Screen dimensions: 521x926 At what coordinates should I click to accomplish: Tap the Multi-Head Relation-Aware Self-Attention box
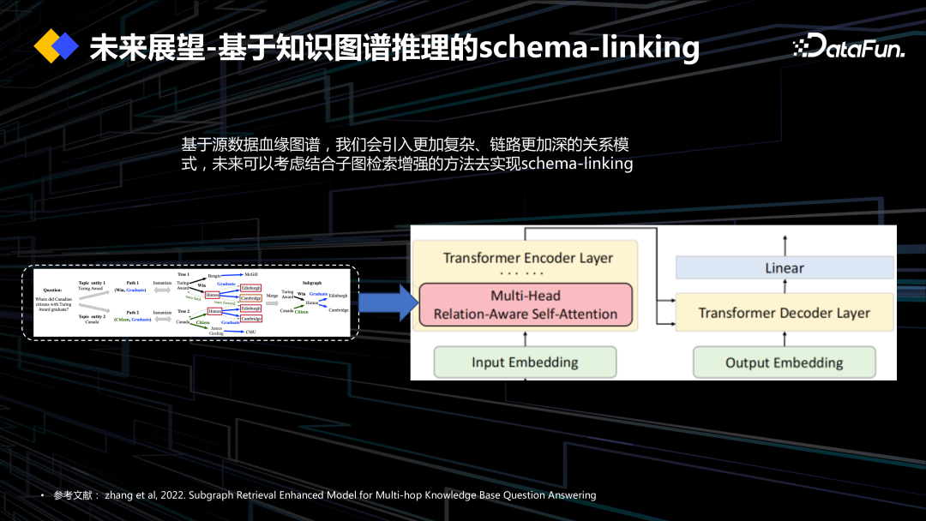click(525, 305)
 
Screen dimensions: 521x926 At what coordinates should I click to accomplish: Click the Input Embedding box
click(525, 362)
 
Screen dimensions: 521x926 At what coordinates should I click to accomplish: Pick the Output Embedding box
click(784, 362)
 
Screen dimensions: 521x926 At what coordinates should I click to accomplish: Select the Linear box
click(784, 268)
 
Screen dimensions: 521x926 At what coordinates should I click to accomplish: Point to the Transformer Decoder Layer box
click(784, 313)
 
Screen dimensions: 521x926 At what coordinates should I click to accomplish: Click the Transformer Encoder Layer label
click(528, 258)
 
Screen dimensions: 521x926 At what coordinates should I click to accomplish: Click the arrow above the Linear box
click(784, 243)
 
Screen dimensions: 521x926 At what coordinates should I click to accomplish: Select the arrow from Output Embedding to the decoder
click(784, 338)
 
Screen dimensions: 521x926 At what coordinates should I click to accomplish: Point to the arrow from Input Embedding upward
click(525, 337)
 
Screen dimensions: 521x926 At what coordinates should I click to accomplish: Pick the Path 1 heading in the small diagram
click(132, 282)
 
